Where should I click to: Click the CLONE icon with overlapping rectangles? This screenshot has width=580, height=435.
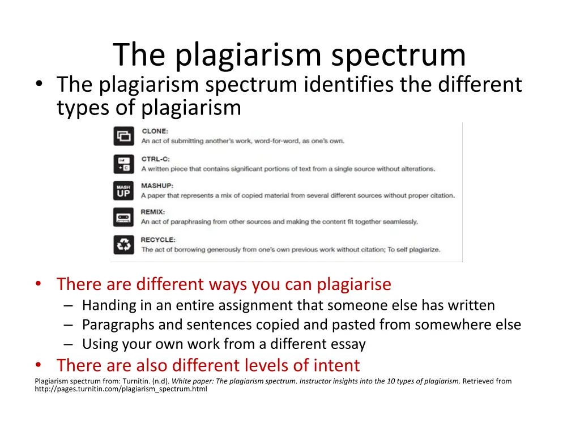123,136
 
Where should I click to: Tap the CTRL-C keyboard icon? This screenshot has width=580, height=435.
123,164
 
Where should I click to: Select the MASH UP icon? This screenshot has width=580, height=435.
123,190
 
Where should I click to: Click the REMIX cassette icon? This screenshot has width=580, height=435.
123,217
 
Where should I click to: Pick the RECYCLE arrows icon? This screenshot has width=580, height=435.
123,244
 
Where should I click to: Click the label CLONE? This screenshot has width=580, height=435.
155,131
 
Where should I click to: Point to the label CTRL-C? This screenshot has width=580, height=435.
156,159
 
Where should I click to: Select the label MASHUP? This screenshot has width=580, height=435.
157,186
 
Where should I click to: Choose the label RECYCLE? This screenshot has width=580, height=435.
158,240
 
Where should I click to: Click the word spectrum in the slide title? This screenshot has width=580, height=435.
399,55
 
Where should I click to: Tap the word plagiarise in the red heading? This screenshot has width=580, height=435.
354,284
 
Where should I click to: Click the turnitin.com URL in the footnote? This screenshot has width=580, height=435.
121,389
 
